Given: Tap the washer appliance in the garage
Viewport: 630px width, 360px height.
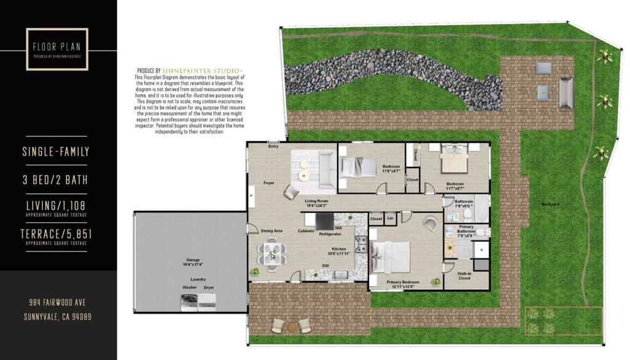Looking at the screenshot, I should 189,300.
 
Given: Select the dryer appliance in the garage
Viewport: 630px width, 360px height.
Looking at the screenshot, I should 209,300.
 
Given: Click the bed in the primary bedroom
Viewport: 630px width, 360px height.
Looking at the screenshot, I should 391,258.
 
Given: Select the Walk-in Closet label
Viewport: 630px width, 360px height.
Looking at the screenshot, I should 465,276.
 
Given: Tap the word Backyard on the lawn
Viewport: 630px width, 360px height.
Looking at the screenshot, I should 550,204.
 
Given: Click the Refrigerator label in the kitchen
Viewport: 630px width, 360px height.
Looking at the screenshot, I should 330,234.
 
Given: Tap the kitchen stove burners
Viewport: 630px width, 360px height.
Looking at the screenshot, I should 362,245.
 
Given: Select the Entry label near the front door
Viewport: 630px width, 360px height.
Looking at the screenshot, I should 273,146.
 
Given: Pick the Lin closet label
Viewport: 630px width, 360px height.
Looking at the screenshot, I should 390,218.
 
